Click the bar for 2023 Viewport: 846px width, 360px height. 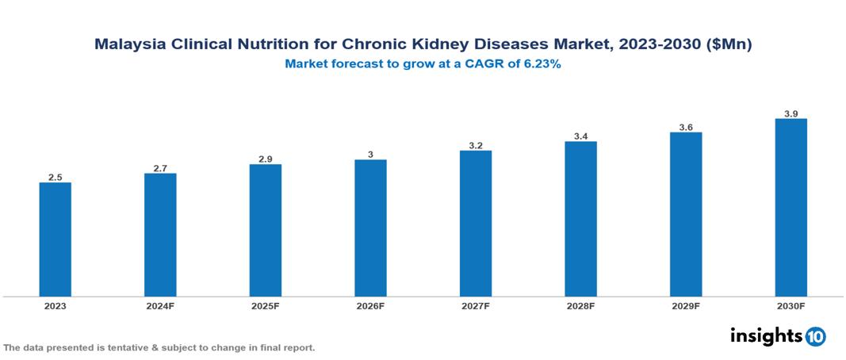55,239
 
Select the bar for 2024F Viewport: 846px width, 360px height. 160,235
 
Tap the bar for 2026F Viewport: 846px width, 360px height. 370,228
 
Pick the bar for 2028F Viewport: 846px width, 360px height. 580,219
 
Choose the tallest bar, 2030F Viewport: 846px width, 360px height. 790,208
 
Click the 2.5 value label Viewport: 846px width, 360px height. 55,178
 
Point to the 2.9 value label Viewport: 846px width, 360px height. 265,159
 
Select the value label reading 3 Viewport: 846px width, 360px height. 370,155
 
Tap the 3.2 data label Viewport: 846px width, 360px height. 476,145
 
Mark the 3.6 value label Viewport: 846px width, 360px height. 686,127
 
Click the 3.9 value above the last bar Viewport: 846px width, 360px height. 790,113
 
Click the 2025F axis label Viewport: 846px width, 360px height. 265,306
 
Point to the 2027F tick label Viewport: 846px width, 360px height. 476,306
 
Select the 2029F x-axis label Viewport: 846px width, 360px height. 686,306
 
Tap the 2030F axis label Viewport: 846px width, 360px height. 790,306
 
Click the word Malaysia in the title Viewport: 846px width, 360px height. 130,45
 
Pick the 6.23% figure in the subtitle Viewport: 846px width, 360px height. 539,65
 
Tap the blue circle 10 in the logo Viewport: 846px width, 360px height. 815,336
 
